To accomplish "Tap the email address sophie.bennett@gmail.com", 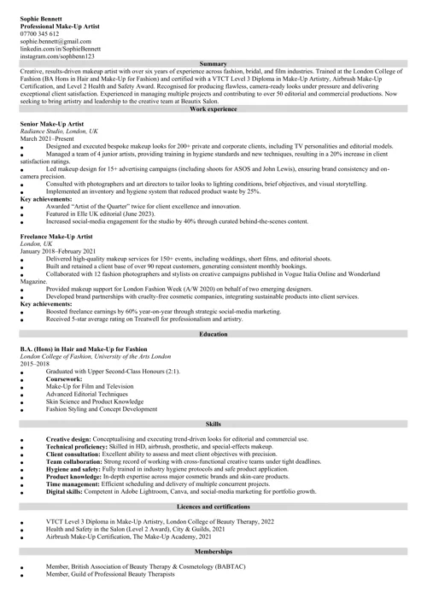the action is [56, 41].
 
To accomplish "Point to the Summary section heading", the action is [213, 64].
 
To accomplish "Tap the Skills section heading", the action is [213, 424].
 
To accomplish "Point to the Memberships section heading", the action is [213, 553].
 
